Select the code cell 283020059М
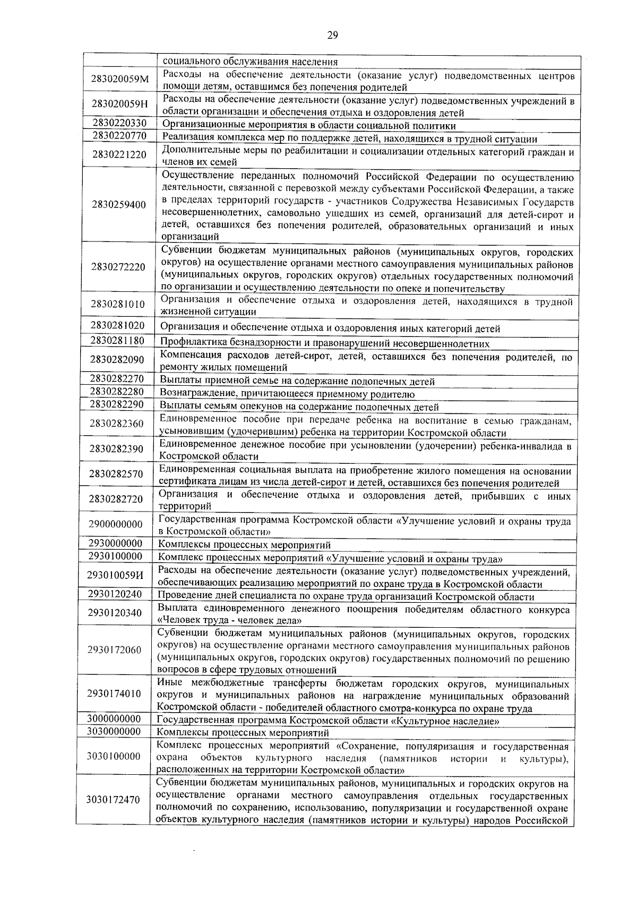pyautogui.click(x=119, y=80)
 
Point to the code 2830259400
pyautogui.click(x=119, y=205)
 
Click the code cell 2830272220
pyautogui.click(x=118, y=267)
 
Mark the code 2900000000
pyautogui.click(x=116, y=524)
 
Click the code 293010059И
pyautogui.click(x=116, y=575)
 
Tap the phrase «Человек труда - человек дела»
pyautogui.click(x=230, y=620)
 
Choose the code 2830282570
pyautogui.click(x=117, y=474)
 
